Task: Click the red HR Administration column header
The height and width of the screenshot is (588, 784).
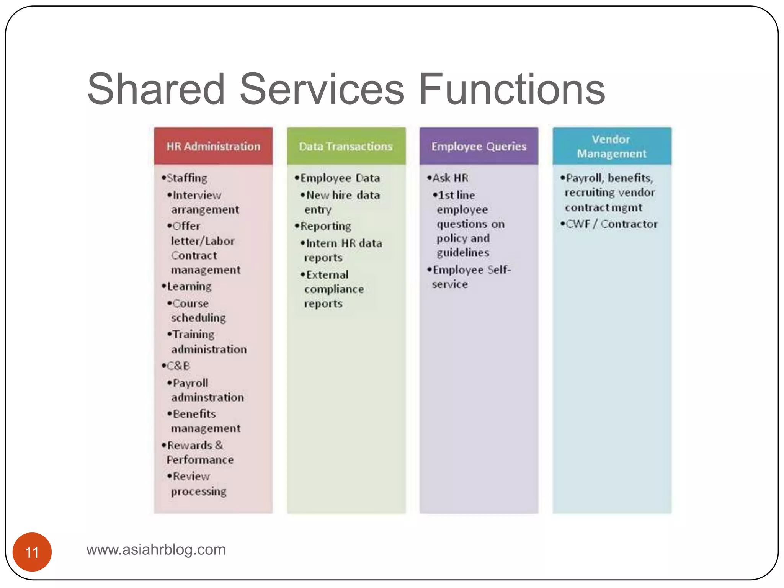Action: [213, 146]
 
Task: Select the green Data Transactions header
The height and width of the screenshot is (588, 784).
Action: [346, 146]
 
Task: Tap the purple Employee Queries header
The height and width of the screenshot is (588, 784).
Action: [479, 146]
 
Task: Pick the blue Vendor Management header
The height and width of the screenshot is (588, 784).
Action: [612, 146]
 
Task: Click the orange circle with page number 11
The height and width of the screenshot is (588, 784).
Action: [32, 552]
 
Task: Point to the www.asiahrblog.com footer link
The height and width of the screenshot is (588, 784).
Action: [156, 549]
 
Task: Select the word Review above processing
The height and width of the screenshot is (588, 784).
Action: [191, 476]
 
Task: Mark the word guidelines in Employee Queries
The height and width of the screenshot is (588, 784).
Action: [463, 253]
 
